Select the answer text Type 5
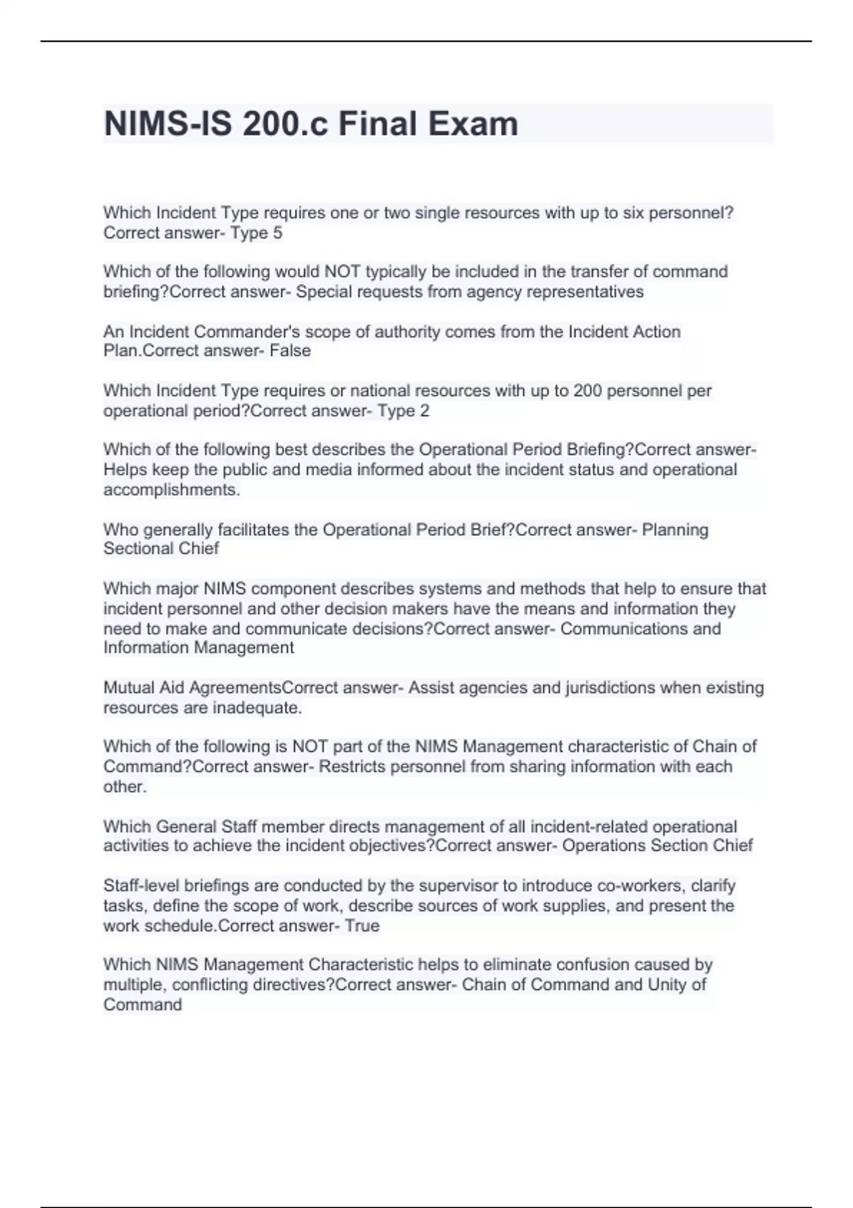(x=256, y=233)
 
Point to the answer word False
(x=290, y=350)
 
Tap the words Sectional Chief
(x=161, y=549)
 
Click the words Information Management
(x=198, y=647)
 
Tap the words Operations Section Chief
(x=658, y=846)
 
